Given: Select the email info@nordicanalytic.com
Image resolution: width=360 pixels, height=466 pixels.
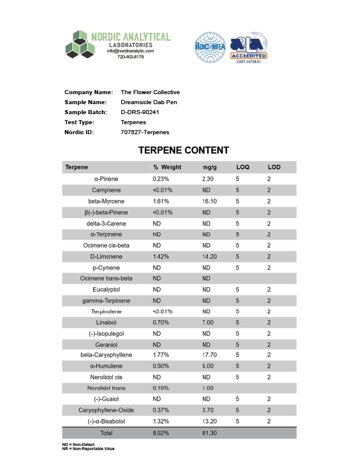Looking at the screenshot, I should pos(130,51).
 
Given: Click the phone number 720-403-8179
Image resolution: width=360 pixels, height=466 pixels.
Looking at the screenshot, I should pos(130,57).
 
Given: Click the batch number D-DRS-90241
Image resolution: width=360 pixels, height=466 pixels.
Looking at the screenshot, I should pos(140,112).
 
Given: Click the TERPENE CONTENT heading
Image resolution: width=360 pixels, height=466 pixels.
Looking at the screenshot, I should pos(184,151).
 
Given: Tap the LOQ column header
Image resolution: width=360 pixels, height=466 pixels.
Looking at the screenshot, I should pos(242,168).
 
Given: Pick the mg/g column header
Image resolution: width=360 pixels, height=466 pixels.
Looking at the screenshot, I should pos(209,168).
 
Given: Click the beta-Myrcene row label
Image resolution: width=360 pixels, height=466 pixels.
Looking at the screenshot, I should pos(106,201).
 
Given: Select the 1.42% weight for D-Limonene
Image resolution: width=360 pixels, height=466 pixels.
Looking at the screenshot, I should pos(161,257).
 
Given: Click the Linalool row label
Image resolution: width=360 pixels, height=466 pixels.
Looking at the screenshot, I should pos(106,322).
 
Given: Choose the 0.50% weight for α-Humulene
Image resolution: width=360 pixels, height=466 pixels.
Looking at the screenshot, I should pos(161,366).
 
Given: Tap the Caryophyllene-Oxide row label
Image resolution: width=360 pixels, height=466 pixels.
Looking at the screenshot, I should pos(106,410).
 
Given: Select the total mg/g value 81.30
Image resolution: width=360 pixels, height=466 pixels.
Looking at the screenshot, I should pos(209,433).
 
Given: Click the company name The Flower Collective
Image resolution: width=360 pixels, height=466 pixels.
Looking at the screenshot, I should pos(150,92).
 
